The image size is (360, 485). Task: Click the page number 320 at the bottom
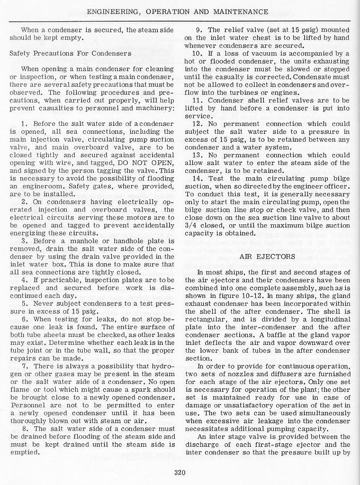[180, 473]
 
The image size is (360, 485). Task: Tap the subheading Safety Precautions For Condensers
[70, 53]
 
